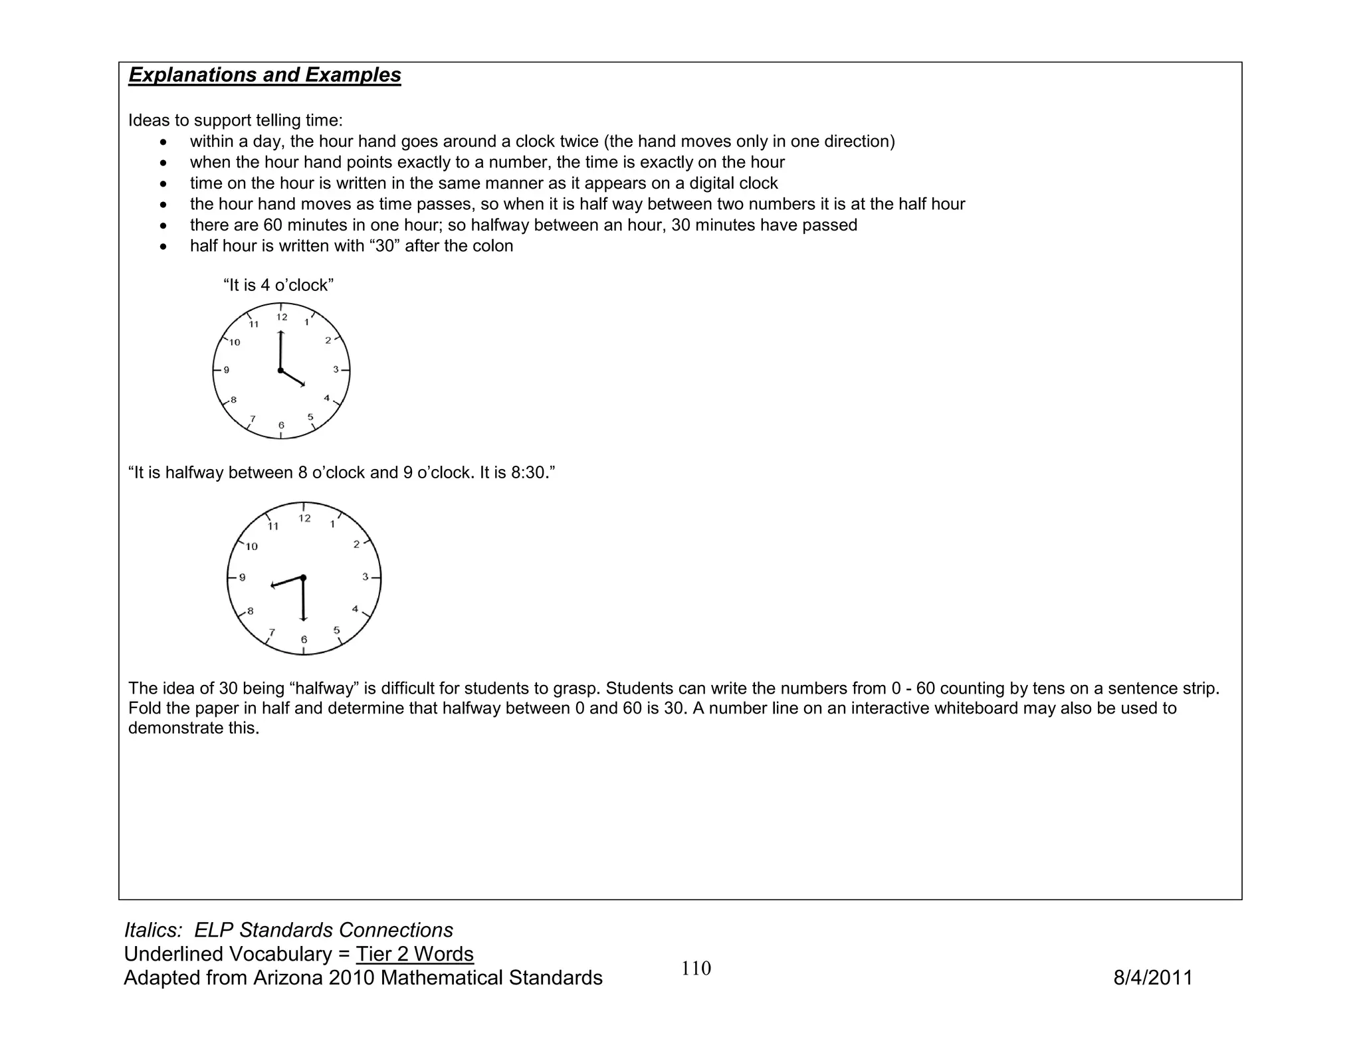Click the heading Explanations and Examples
point(264,75)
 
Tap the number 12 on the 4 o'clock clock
point(282,318)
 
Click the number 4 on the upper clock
point(326,399)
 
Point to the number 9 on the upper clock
point(227,370)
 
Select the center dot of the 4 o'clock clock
point(280,370)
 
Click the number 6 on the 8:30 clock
point(304,640)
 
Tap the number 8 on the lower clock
point(251,611)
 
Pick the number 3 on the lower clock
point(365,577)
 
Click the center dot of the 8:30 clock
point(303,578)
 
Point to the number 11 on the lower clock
point(273,526)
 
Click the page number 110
point(696,969)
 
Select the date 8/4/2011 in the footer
point(1153,978)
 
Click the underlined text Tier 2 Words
point(415,954)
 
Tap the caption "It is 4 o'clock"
point(278,285)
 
